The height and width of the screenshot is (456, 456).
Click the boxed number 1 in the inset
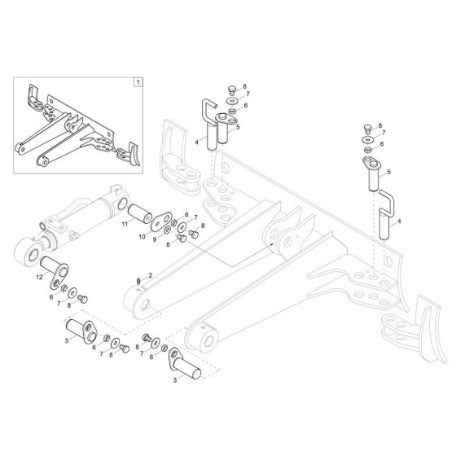click(x=138, y=82)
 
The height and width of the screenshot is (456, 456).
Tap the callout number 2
click(x=150, y=276)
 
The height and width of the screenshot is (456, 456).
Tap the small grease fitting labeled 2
click(x=140, y=283)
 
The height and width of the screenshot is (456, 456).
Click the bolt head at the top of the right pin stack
click(x=368, y=128)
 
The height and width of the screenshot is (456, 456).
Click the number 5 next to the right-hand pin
click(x=389, y=172)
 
